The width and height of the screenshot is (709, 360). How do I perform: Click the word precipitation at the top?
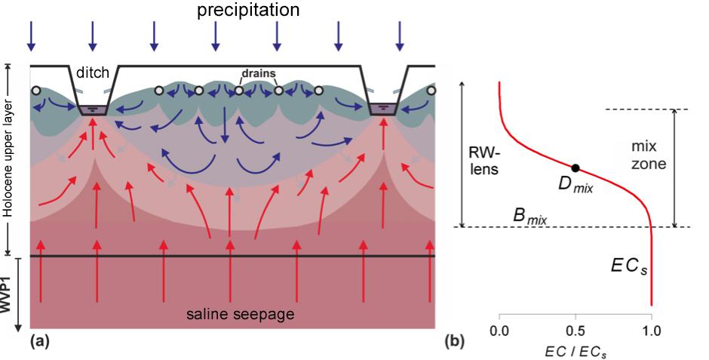point(248,10)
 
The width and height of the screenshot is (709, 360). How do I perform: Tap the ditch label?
point(93,72)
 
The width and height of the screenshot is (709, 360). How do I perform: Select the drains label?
point(259,73)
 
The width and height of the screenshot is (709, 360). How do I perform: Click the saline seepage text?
point(240,313)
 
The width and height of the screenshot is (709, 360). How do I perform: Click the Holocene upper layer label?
point(8,158)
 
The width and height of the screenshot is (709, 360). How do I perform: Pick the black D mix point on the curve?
point(575,168)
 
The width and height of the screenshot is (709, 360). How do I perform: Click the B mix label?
point(529,217)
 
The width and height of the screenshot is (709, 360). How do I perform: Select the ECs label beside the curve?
point(629,266)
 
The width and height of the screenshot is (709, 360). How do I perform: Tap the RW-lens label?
point(483,162)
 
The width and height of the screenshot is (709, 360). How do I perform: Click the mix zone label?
point(649,155)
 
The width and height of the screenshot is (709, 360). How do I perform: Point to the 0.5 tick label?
point(575,331)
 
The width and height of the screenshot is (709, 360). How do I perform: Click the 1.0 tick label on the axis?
point(651,331)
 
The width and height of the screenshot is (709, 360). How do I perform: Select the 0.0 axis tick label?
point(499,331)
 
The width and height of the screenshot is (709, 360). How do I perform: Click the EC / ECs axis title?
point(575,352)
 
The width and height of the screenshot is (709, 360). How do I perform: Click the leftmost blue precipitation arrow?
point(31,37)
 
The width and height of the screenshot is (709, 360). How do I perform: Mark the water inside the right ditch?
point(383,109)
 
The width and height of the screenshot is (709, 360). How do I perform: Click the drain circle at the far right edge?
point(431,91)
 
